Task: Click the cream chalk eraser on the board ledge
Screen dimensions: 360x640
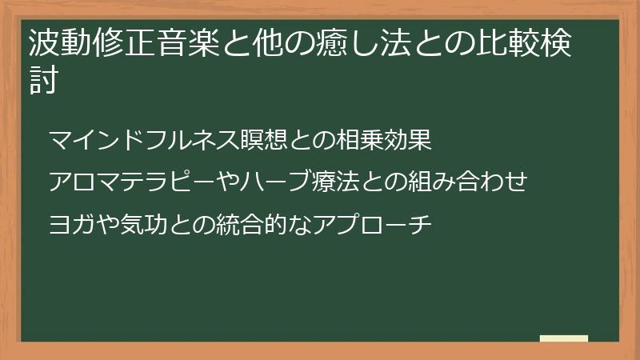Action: [564, 339]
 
